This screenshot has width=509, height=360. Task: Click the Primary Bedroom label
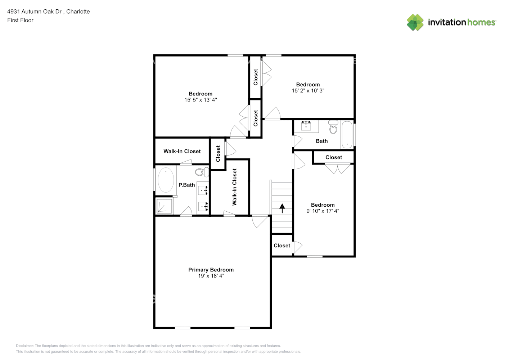[211, 270]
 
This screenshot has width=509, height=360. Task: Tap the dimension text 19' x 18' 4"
[211, 276]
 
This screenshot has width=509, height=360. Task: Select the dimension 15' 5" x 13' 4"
[201, 100]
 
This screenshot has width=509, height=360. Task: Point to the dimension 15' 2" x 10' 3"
[308, 91]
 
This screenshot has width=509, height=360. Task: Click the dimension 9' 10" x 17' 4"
[323, 211]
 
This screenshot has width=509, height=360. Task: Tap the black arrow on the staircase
[282, 208]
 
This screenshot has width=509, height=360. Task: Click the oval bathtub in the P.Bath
[166, 180]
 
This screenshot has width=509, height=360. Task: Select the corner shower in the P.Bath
[165, 206]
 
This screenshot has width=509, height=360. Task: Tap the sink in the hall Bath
[306, 126]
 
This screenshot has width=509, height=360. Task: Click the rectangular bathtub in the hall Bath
[347, 135]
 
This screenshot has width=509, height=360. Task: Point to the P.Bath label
[186, 185]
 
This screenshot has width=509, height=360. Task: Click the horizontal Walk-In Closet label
[182, 151]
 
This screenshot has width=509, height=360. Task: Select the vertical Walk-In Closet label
[235, 187]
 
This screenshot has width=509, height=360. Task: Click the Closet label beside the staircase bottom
[281, 246]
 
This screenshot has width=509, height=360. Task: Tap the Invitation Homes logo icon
[415, 22]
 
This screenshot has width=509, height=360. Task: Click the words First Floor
[20, 20]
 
